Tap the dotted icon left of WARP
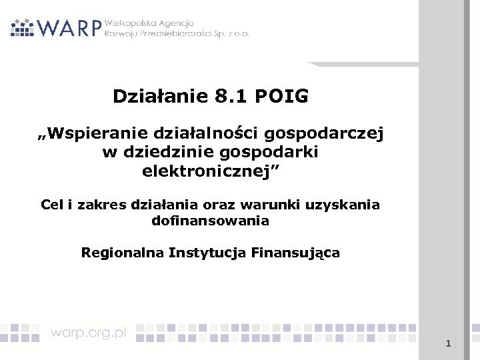pyautogui.click(x=23, y=27)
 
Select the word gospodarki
pyautogui.click(x=273, y=152)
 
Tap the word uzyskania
pyautogui.click(x=343, y=204)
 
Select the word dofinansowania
pyautogui.click(x=210, y=219)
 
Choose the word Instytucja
pyautogui.click(x=210, y=253)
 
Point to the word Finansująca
pyautogui.click(x=297, y=253)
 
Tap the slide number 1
pyautogui.click(x=449, y=344)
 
